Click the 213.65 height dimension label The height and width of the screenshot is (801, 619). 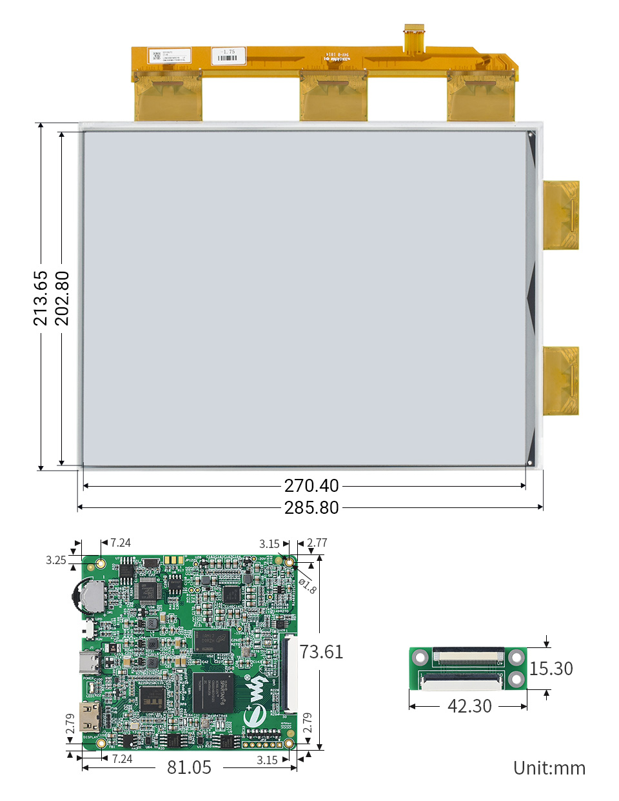[41, 298]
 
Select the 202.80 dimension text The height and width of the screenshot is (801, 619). [62, 298]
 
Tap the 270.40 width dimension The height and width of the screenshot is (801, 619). [311, 485]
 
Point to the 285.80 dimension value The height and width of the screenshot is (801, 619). [311, 508]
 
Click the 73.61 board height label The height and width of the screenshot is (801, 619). [321, 652]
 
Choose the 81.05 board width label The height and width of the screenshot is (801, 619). [189, 767]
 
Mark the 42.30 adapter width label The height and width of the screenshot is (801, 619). [469, 706]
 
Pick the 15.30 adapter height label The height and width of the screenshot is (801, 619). [551, 669]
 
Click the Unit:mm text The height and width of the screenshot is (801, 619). [549, 768]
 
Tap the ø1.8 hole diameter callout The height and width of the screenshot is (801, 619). [308, 585]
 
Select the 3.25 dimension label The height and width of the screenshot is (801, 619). [56, 560]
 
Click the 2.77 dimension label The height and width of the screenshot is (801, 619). [317, 543]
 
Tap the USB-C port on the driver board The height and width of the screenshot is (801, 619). [88, 662]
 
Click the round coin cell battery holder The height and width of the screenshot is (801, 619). [88, 596]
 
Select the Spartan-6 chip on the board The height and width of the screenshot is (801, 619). [213, 692]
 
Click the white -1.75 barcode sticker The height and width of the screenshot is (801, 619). [228, 56]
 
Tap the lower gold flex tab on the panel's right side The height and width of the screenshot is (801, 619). [560, 380]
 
